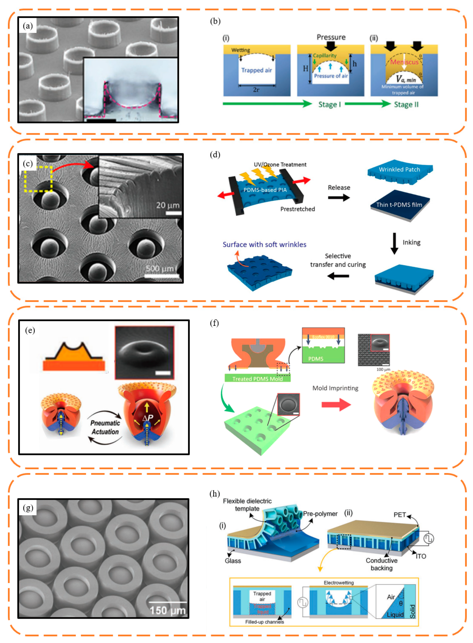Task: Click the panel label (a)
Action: [28, 26]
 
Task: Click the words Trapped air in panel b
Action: [256, 70]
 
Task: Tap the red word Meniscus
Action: [404, 62]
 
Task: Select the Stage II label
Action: [406, 105]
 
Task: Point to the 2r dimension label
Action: [256, 90]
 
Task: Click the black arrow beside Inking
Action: [394, 243]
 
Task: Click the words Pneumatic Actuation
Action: [105, 427]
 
